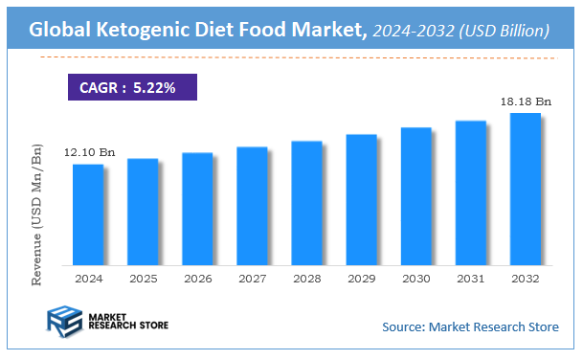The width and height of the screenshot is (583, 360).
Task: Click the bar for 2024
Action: (x=88, y=214)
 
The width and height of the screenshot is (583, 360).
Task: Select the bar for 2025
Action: (x=143, y=212)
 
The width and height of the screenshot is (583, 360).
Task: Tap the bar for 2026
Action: (x=197, y=209)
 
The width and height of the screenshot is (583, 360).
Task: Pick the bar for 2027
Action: (x=252, y=206)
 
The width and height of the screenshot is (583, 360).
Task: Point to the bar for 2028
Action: (x=306, y=203)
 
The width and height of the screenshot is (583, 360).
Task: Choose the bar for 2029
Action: (x=361, y=199)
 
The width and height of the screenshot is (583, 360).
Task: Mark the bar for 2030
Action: (x=415, y=196)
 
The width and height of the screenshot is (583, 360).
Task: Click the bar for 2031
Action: (x=470, y=192)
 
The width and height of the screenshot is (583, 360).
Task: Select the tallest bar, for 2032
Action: (x=525, y=189)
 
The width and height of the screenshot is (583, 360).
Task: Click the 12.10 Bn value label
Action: (x=90, y=153)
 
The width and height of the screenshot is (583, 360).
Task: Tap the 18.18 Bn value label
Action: (x=526, y=101)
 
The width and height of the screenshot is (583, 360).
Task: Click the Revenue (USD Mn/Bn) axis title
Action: (x=37, y=214)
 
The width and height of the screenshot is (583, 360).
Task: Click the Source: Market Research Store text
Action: (x=469, y=327)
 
